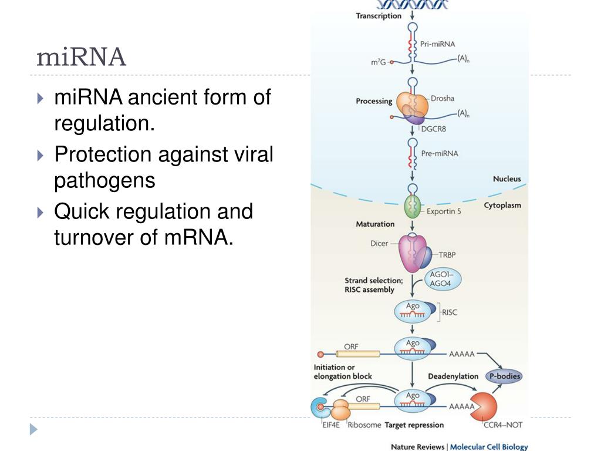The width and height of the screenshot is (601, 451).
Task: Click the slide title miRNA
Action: click(82, 58)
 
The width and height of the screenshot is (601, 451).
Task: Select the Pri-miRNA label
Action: click(437, 44)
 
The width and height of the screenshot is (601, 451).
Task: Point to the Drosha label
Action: click(443, 98)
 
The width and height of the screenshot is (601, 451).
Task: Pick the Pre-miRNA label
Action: click(439, 154)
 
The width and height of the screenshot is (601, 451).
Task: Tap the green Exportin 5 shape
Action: click(413, 208)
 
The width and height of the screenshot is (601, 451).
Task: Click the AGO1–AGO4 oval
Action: click(443, 280)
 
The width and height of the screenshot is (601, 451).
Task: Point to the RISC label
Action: click(450, 312)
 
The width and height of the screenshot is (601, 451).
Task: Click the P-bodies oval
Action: click(504, 376)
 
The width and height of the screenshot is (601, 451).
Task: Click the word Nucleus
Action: click(507, 179)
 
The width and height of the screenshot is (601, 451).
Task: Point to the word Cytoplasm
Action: click(502, 206)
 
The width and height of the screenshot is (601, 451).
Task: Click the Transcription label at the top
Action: click(379, 16)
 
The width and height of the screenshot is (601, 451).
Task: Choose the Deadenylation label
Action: click(451, 376)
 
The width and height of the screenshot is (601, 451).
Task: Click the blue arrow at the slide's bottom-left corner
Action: click(33, 429)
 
